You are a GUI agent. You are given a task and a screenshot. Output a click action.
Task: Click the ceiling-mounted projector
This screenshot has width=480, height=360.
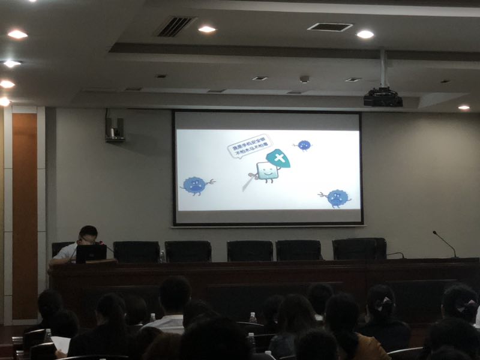click(x=383, y=97)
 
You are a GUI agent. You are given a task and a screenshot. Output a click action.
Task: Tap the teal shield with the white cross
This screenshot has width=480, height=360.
click(x=278, y=158)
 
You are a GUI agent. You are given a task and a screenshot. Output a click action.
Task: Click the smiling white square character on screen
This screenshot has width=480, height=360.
click(x=266, y=172)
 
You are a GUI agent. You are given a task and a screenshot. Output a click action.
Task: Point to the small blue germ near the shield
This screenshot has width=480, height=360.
click(x=304, y=145)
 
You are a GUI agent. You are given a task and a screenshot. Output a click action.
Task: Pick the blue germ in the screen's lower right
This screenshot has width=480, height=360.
click(x=337, y=198)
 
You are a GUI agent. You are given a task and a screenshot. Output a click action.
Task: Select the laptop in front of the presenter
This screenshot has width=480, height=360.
click(x=91, y=253)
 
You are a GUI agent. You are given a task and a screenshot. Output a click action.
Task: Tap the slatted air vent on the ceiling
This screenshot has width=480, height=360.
click(x=176, y=26)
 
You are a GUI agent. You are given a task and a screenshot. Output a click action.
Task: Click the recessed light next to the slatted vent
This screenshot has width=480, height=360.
click(x=206, y=29)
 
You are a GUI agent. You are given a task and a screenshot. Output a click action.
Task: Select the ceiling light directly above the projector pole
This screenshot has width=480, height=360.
click(x=365, y=34)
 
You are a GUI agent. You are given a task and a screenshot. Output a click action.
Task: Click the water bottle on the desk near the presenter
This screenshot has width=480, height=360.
click(x=162, y=256)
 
